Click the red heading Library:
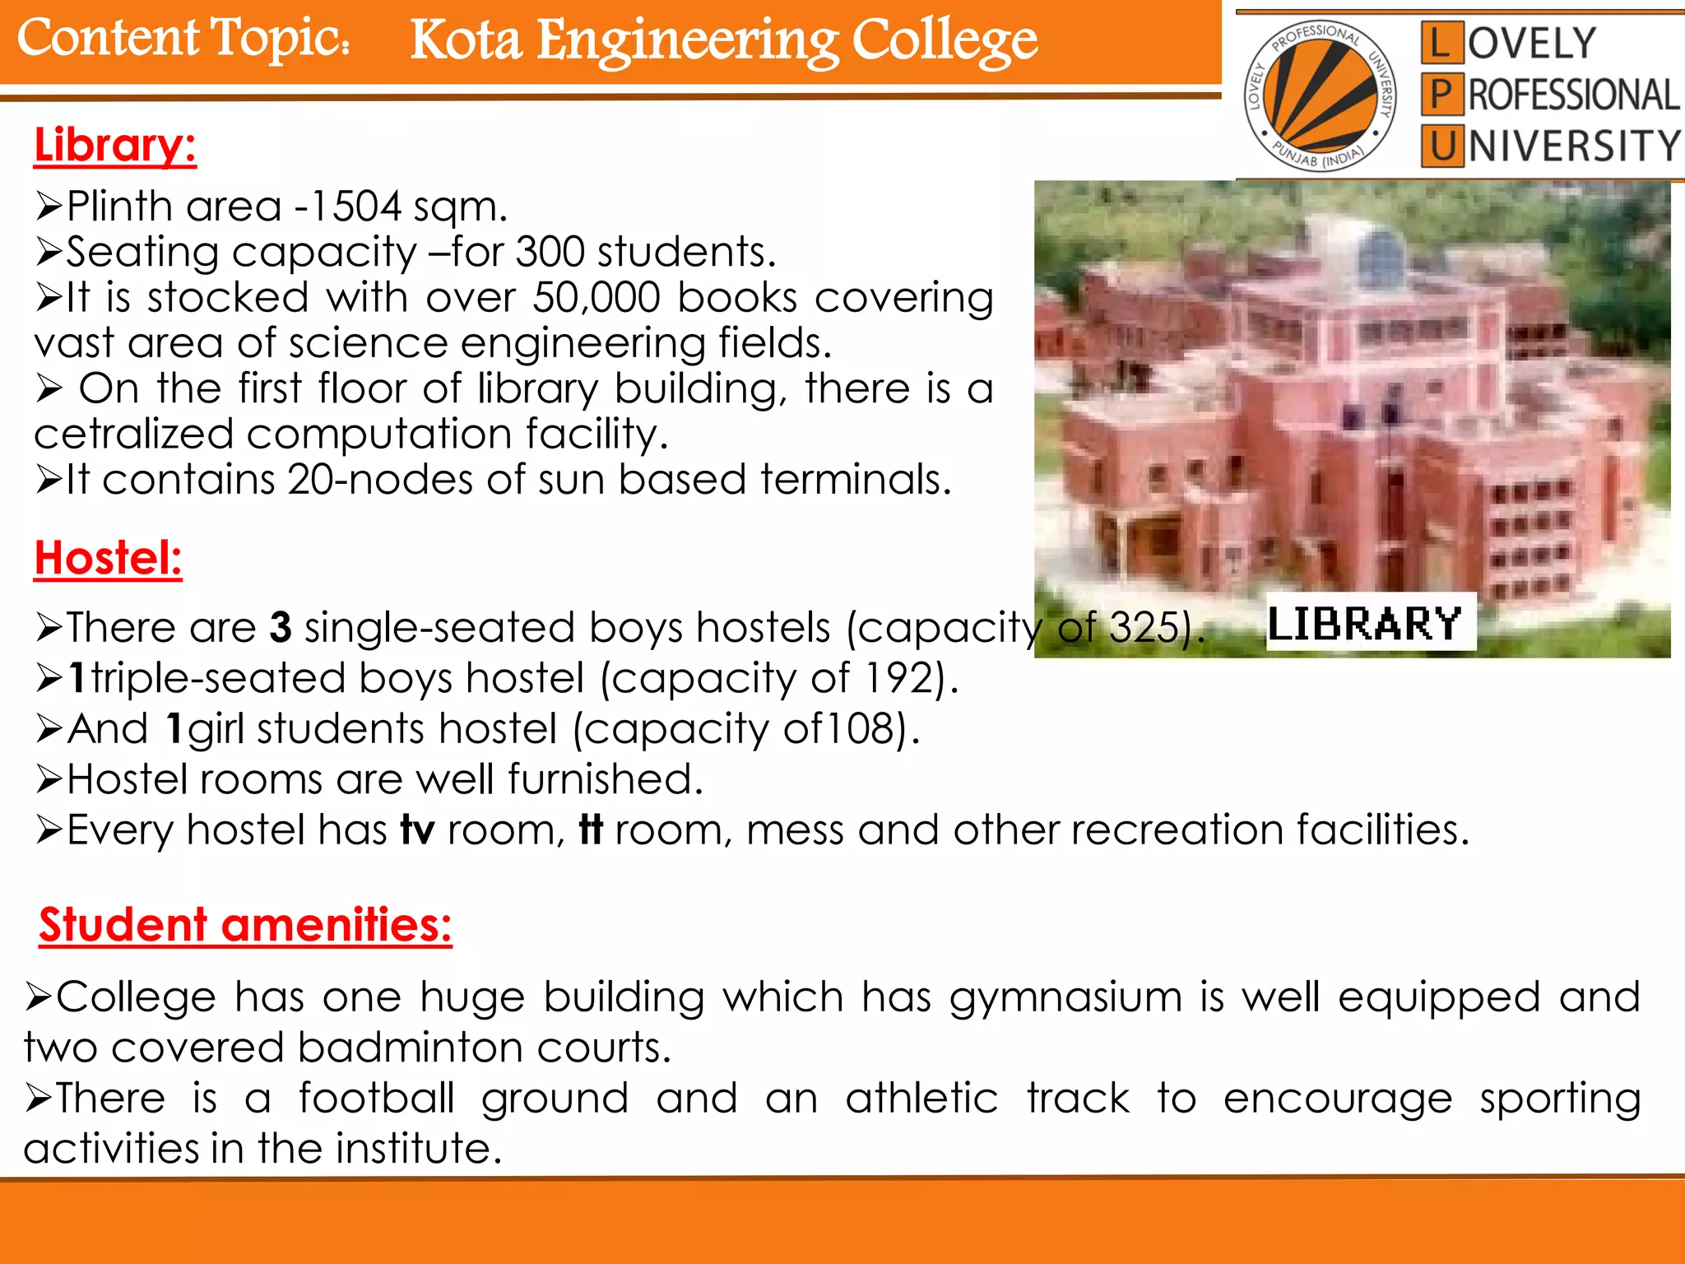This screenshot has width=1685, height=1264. pos(115,146)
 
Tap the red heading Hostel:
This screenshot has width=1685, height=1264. pos(108,559)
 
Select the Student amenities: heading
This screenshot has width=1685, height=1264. pos(245,925)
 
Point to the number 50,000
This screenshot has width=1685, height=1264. pos(596,298)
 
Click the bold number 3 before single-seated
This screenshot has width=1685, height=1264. pos(281,627)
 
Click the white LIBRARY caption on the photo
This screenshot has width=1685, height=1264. pos(1365,623)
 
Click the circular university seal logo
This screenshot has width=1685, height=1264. pos(1321,95)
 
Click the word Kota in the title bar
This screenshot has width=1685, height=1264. pos(466,41)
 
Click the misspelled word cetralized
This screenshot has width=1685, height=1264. pos(134,434)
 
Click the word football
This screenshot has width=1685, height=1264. pos(377,1099)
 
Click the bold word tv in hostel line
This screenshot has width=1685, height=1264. pos(417,830)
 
